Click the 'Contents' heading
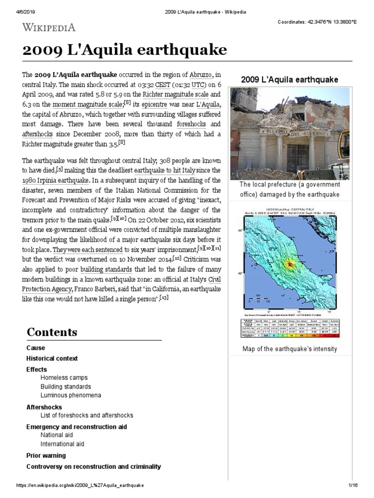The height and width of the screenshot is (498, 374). (52, 332)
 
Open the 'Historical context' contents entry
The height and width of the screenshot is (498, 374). (52, 358)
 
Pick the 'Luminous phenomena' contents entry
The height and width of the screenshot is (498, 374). (71, 395)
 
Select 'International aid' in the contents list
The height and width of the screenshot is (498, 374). (62, 444)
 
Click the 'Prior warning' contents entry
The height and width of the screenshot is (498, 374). (46, 456)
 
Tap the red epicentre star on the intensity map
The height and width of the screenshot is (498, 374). (290, 264)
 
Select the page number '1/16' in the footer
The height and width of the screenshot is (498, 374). (353, 486)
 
